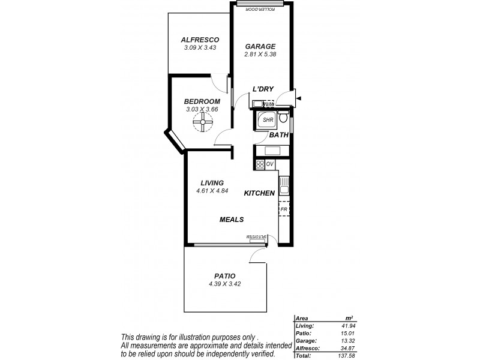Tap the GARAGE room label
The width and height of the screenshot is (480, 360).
pyautogui.click(x=260, y=46)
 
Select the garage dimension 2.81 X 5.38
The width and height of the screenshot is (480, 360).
pyautogui.click(x=260, y=54)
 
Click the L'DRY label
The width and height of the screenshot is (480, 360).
pyautogui.click(x=263, y=89)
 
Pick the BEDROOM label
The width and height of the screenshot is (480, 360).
pyautogui.click(x=202, y=101)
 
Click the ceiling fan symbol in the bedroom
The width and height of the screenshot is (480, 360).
pyautogui.click(x=202, y=124)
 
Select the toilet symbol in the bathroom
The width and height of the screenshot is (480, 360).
pyautogui.click(x=285, y=118)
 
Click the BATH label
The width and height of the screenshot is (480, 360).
pyautogui.click(x=279, y=136)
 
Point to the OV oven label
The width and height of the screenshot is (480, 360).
pyautogui.click(x=269, y=164)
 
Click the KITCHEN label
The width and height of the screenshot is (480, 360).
pyautogui.click(x=259, y=193)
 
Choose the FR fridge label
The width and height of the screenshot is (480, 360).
pyautogui.click(x=284, y=209)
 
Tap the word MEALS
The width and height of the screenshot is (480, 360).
pyautogui.click(x=230, y=220)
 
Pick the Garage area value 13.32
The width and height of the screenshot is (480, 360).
pyautogui.click(x=347, y=340)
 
